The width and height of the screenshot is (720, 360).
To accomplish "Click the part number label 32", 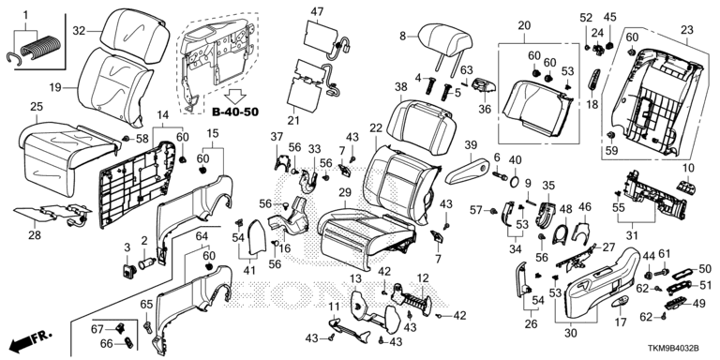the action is click(79, 31).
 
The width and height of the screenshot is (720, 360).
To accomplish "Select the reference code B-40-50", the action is click(235, 112).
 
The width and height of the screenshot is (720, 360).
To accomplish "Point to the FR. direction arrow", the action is click(30, 340).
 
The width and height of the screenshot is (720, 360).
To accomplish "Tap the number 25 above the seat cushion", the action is click(37, 107).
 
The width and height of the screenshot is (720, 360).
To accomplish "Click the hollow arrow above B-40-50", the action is click(236, 96).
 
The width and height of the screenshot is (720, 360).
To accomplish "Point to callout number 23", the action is click(686, 30).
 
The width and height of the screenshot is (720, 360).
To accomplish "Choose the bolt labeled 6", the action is click(500, 175).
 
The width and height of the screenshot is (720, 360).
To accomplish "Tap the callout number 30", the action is click(570, 334).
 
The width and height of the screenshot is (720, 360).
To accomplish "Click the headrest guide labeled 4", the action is click(428, 85).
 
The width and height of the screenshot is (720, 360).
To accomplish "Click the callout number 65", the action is click(146, 304).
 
